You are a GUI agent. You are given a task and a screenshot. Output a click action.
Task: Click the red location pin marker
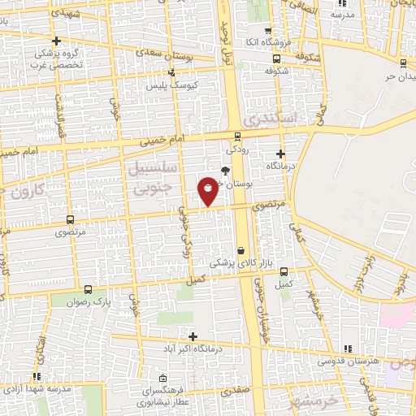pyautogui.click(x=208, y=191)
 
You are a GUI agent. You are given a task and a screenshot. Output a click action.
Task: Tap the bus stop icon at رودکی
pyautogui.click(x=237, y=136)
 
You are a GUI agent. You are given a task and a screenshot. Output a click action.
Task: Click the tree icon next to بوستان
pyautogui.click(x=225, y=170)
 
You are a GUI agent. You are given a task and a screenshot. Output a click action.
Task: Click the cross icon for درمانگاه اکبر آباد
pyautogui.click(x=193, y=336)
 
